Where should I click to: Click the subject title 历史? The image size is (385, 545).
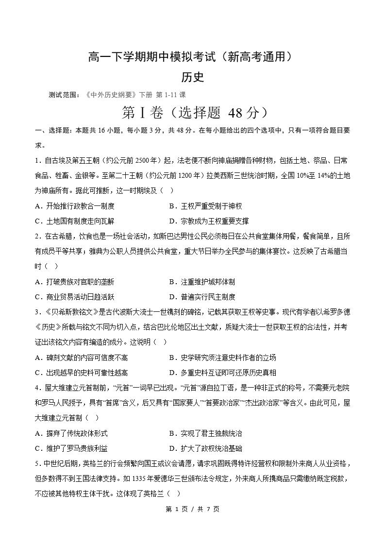coord(192,77)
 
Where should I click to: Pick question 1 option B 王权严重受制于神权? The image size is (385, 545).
coord(209,206)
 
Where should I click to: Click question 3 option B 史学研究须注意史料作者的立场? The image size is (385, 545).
coord(222,358)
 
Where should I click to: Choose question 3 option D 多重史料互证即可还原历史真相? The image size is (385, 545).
coord(222,373)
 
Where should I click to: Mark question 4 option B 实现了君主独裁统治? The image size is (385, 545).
coord(205,433)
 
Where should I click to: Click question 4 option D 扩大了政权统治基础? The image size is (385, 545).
coord(205,448)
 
